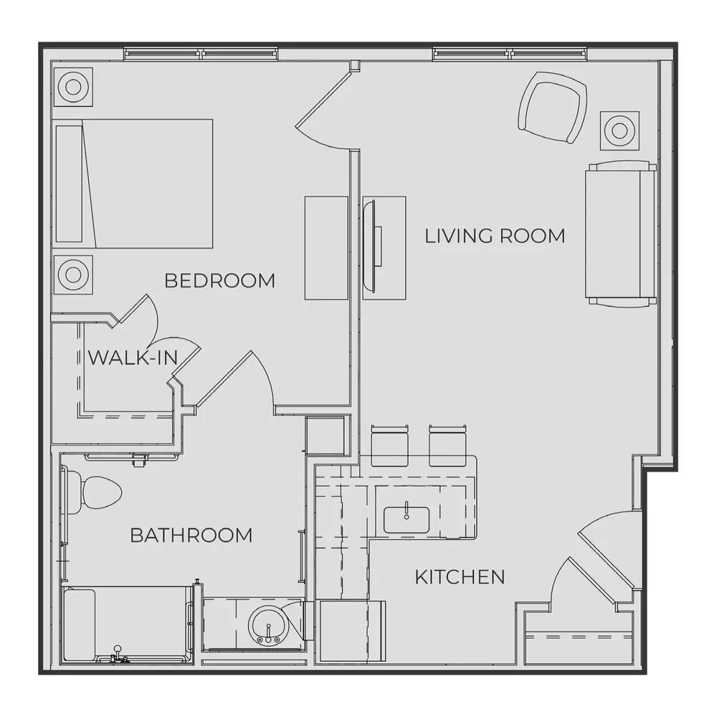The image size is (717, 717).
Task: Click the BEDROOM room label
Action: point(220,280)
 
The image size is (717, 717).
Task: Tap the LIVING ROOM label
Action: point(495,236)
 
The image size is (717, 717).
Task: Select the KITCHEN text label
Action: point(460,577)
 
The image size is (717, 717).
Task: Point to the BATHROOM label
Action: point(191,535)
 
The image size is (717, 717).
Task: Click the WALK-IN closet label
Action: point(133,358)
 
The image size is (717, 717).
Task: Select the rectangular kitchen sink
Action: point(407,520)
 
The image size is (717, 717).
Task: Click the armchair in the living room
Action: point(552,107)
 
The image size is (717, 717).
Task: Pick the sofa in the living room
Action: point(620,233)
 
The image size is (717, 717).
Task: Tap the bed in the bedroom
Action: point(134,184)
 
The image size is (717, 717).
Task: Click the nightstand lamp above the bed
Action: point(73,87)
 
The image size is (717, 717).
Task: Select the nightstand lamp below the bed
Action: point(73,275)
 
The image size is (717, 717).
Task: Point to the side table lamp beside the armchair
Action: point(619,130)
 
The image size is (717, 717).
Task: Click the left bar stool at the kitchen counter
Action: point(389,446)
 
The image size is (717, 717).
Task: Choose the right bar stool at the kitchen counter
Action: point(447,446)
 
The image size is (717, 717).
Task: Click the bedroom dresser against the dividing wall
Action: point(326,248)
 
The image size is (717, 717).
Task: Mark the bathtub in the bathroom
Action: point(127,625)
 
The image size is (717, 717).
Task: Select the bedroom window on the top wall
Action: point(201,54)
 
